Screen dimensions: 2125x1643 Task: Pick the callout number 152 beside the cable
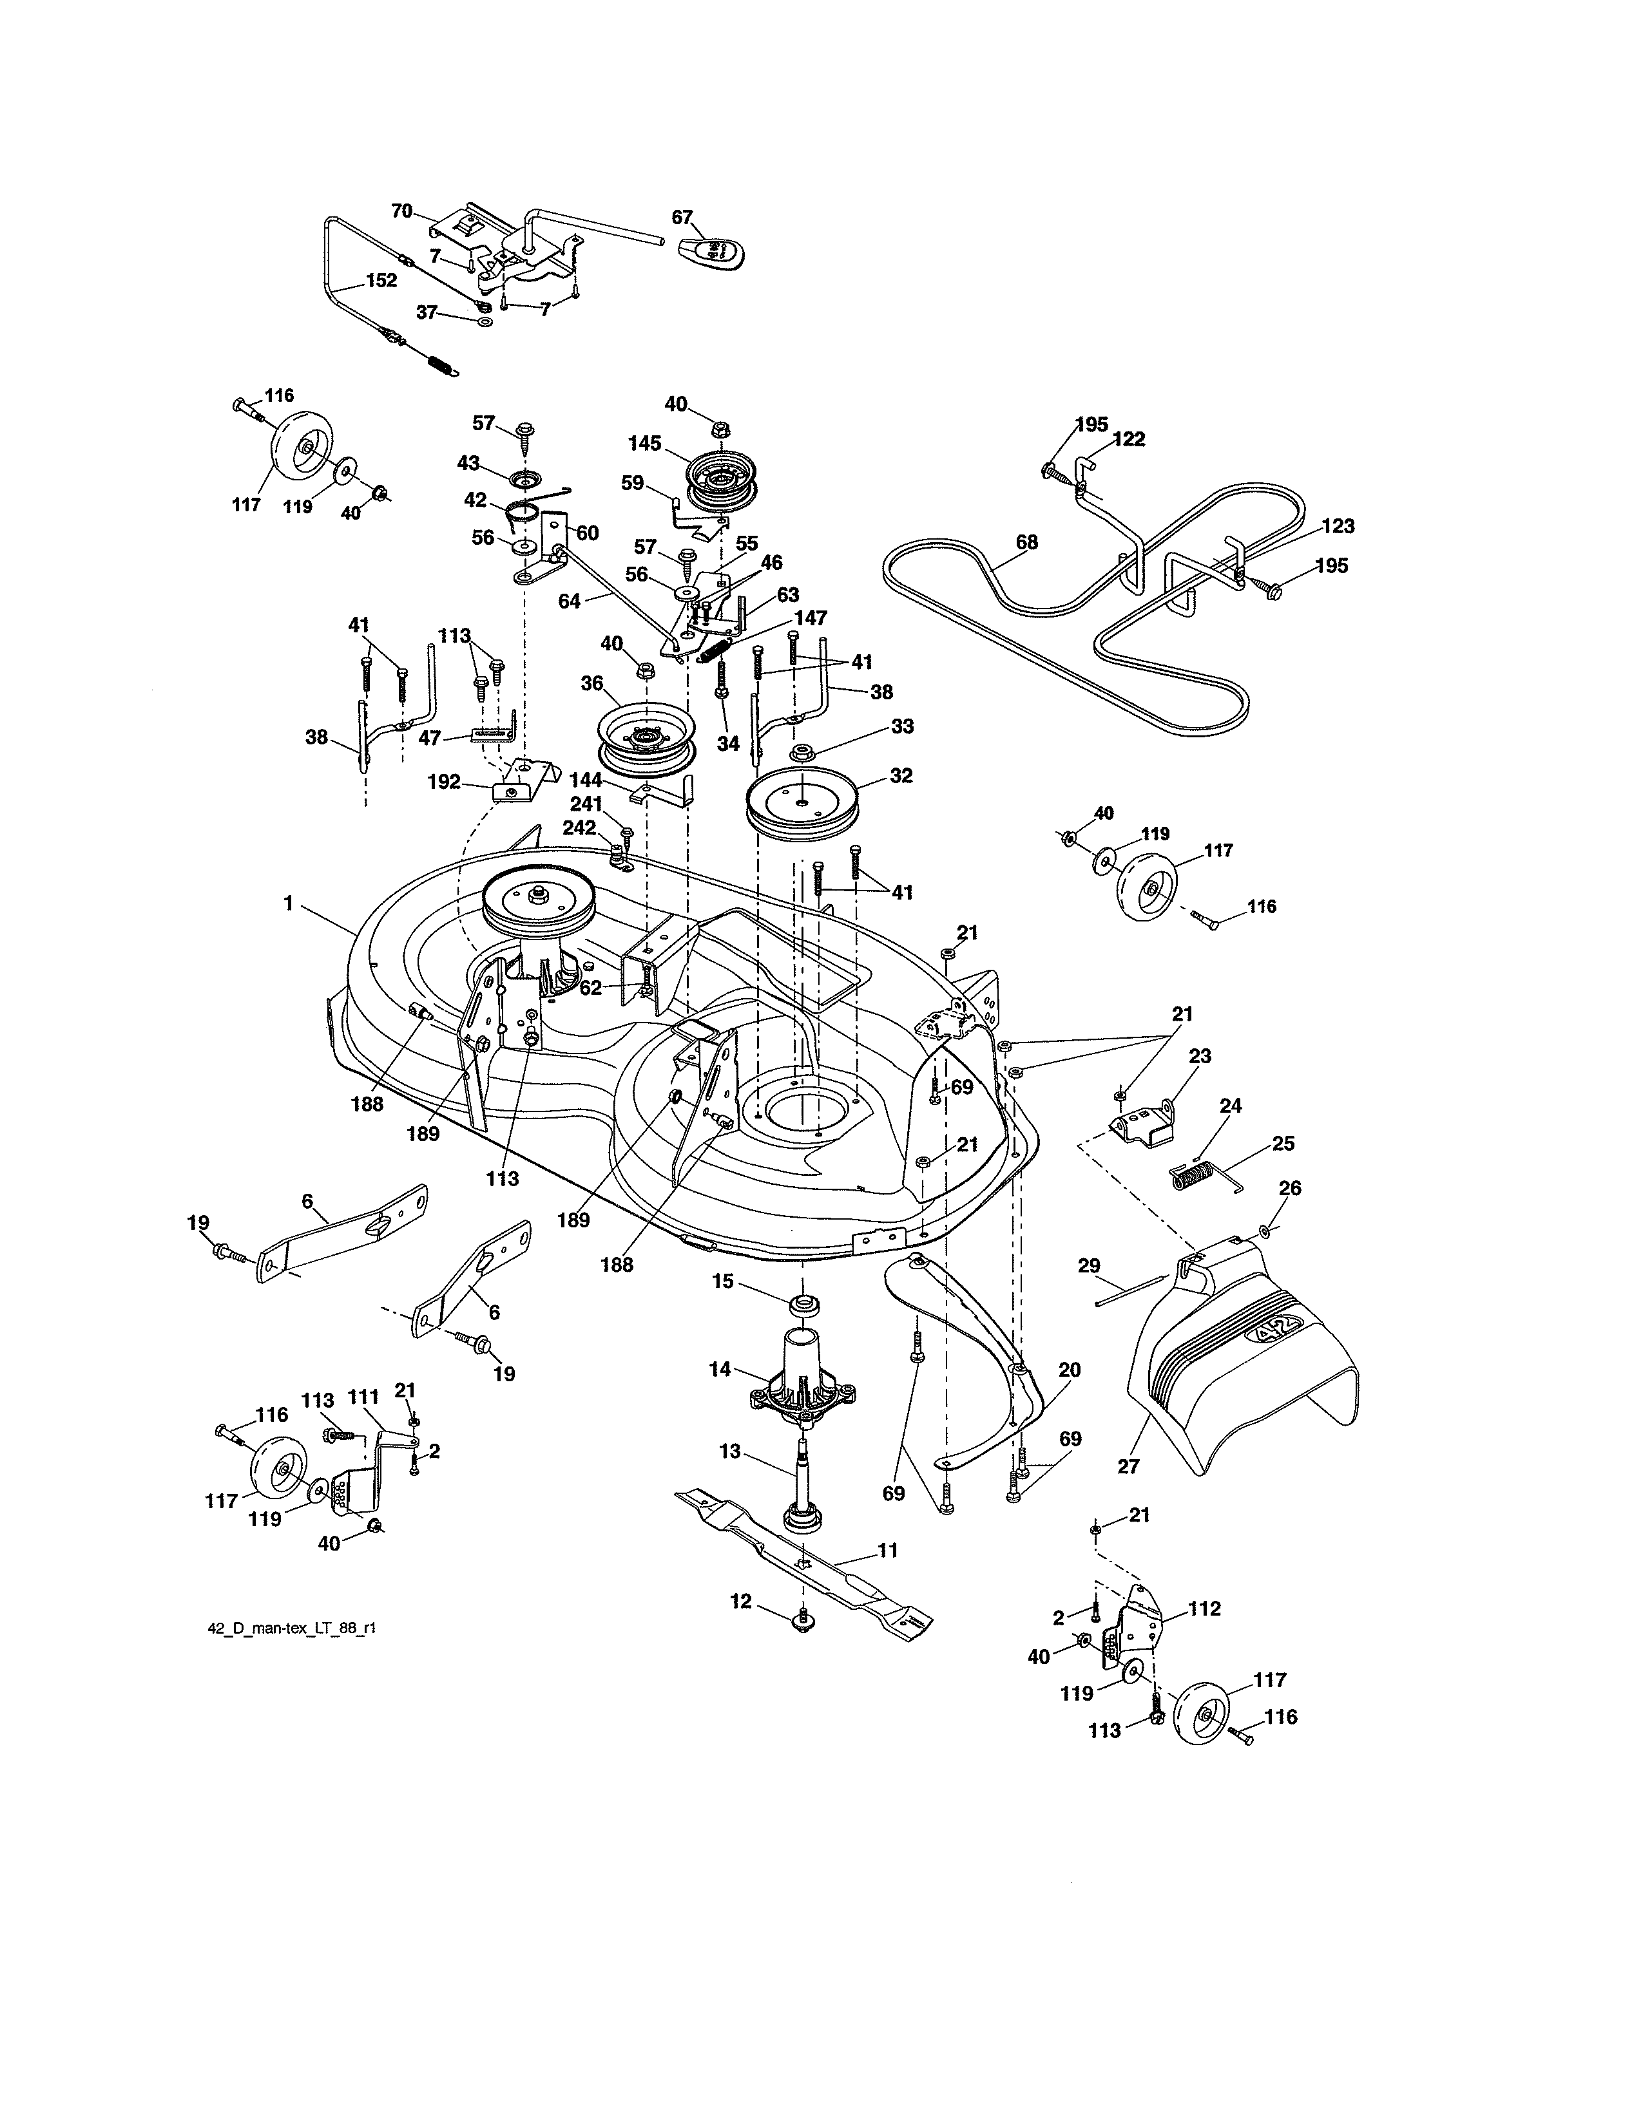(x=381, y=280)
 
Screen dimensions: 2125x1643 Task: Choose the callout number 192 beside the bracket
(x=444, y=781)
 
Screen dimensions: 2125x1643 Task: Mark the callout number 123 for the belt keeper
(x=1338, y=526)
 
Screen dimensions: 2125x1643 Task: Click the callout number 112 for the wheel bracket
(x=1204, y=1609)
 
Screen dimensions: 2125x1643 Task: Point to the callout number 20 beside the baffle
(x=1069, y=1370)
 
